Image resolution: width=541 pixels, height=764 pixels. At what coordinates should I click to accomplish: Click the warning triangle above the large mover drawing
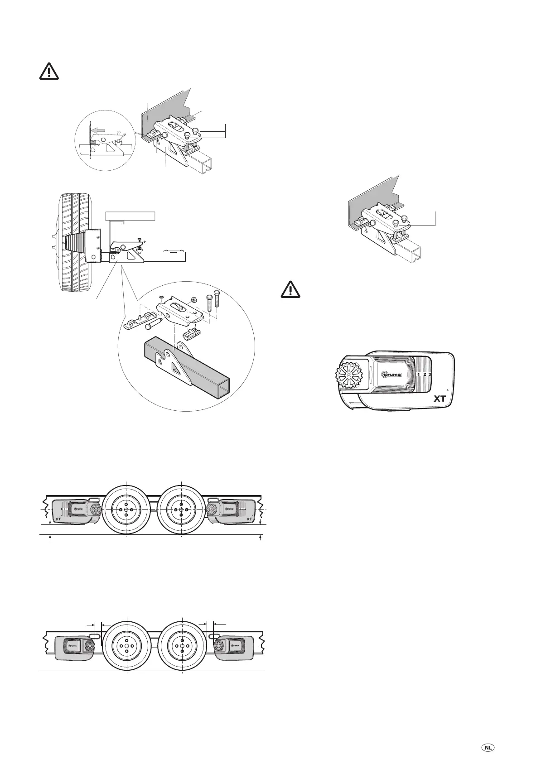click(290, 289)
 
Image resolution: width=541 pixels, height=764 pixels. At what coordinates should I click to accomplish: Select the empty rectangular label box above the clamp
click(130, 215)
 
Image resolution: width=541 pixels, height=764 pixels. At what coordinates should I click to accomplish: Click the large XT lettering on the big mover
click(440, 399)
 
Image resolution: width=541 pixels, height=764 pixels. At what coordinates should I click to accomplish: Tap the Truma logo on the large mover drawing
click(392, 375)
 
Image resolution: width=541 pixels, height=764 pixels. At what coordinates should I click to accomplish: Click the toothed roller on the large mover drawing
click(349, 375)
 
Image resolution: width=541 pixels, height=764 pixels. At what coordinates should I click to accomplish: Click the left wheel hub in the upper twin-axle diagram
click(126, 509)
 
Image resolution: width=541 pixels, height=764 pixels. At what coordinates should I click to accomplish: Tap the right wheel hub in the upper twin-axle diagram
click(181, 509)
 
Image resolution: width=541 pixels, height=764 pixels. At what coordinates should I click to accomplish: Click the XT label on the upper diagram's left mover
click(58, 519)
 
